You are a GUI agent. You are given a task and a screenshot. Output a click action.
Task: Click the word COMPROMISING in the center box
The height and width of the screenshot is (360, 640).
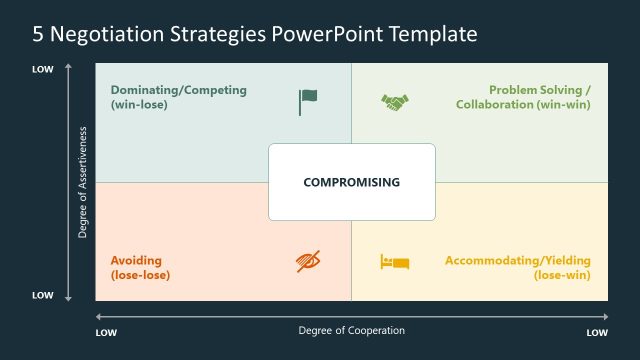[351, 182]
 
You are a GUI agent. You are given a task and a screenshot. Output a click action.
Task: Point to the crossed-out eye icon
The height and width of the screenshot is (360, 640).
[307, 262]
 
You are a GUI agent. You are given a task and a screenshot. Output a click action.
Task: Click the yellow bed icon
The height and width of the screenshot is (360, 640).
[394, 262]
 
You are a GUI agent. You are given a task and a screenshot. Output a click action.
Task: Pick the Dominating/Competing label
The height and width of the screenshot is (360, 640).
[178, 90]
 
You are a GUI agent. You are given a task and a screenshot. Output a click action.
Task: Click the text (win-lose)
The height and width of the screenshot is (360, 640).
[139, 104]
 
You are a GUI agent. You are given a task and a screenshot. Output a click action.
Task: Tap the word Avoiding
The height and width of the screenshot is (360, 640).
[136, 260]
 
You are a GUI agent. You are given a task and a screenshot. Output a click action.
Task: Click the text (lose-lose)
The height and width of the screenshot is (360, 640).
[140, 275]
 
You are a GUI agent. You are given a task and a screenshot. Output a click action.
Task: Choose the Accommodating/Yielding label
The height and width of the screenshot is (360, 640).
[517, 260]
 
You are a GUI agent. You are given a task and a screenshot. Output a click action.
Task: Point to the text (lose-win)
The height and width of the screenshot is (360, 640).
[562, 275]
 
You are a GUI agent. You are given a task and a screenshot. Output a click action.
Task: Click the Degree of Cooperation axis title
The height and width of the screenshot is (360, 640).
[352, 330]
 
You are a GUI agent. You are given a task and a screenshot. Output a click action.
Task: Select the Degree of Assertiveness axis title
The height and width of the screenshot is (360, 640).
[83, 182]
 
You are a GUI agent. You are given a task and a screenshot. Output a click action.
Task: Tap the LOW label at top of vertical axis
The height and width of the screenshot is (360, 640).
[42, 69]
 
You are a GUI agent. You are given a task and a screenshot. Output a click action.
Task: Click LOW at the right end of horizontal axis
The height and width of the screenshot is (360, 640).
[596, 331]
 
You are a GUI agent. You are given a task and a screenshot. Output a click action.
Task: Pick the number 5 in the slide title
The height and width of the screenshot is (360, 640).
[38, 35]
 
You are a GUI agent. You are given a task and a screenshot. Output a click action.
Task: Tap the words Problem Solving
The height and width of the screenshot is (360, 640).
[535, 90]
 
